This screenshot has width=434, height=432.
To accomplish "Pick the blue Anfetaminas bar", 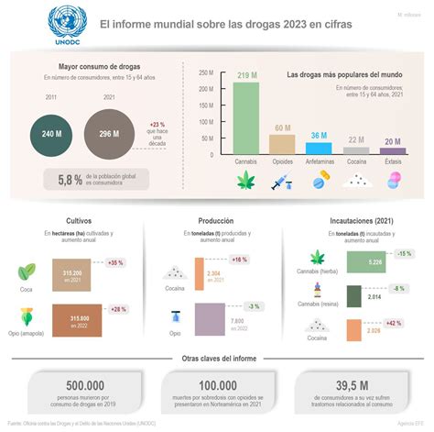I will pyautogui.click(x=317, y=146).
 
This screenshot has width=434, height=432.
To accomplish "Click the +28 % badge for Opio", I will pyautogui.click(x=115, y=309).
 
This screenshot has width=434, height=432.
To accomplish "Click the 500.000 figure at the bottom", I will pyautogui.click(x=72, y=387).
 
